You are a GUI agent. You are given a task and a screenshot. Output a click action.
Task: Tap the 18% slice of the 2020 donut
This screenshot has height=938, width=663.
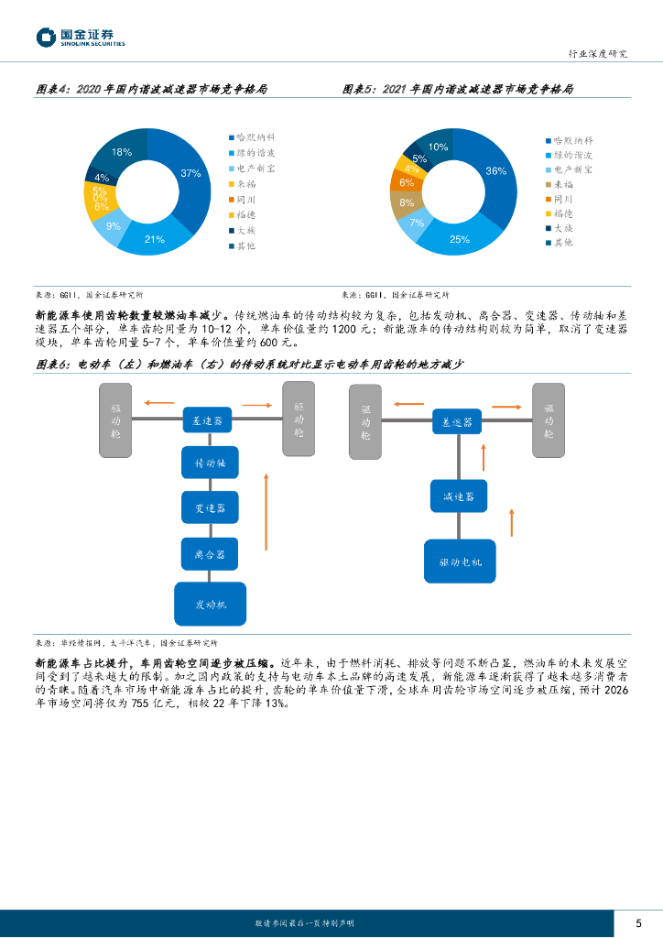click(x=121, y=151)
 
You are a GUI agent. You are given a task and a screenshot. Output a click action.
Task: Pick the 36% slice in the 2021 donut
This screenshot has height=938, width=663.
click(x=495, y=171)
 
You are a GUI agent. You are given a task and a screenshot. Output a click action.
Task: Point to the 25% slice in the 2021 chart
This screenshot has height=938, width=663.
click(x=460, y=239)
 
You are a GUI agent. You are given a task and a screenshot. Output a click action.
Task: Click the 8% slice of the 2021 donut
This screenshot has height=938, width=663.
click(x=407, y=202)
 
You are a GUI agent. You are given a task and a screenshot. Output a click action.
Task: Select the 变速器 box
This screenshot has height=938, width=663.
click(x=210, y=507)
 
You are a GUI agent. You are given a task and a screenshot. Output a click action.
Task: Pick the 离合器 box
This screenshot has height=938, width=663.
click(x=210, y=553)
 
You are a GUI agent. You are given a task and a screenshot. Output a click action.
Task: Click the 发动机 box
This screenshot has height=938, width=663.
click(x=210, y=605)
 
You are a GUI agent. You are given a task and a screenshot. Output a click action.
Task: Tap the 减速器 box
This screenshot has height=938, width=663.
click(x=458, y=496)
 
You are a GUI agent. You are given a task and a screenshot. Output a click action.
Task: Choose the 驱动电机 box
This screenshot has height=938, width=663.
click(x=458, y=562)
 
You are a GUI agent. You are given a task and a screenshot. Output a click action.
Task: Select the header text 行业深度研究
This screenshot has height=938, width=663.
click(x=600, y=53)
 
